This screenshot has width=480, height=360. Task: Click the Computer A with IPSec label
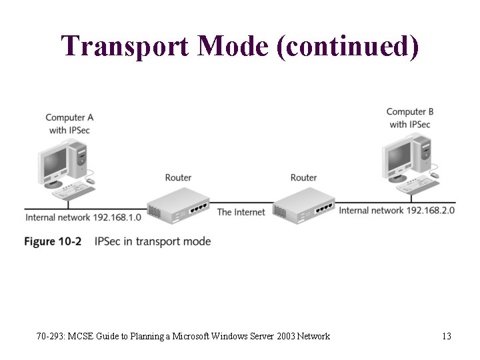pyautogui.click(x=69, y=123)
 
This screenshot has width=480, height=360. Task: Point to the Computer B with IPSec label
pyautogui.click(x=409, y=118)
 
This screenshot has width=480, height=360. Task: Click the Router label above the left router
pyautogui.click(x=178, y=177)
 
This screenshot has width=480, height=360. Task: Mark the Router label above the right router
pyautogui.click(x=303, y=177)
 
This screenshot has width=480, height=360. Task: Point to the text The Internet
pyautogui.click(x=241, y=212)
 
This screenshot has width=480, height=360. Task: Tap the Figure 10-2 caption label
pyautogui.click(x=53, y=241)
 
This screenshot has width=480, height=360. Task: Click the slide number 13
pyautogui.click(x=447, y=336)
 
